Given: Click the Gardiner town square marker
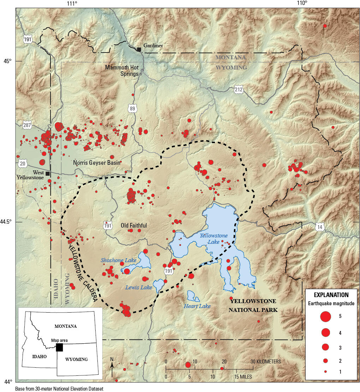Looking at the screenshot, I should pyautogui.click(x=139, y=49).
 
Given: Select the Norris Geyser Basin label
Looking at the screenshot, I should pyautogui.click(x=97, y=163).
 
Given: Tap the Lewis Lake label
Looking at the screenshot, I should pyautogui.click(x=139, y=288).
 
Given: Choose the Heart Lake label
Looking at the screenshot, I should pyautogui.click(x=197, y=306).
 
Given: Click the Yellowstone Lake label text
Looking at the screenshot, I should pyautogui.click(x=214, y=239).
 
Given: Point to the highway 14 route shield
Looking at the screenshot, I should pyautogui.click(x=320, y=227).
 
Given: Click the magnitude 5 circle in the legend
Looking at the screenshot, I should pyautogui.click(x=325, y=316).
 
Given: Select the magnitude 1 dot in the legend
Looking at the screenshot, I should pyautogui.click(x=325, y=372).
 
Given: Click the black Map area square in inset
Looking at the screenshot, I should pyautogui.click(x=59, y=347).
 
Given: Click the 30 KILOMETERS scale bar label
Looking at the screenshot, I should pyautogui.click(x=266, y=362).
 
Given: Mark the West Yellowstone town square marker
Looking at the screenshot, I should pyautogui.click(x=48, y=174).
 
